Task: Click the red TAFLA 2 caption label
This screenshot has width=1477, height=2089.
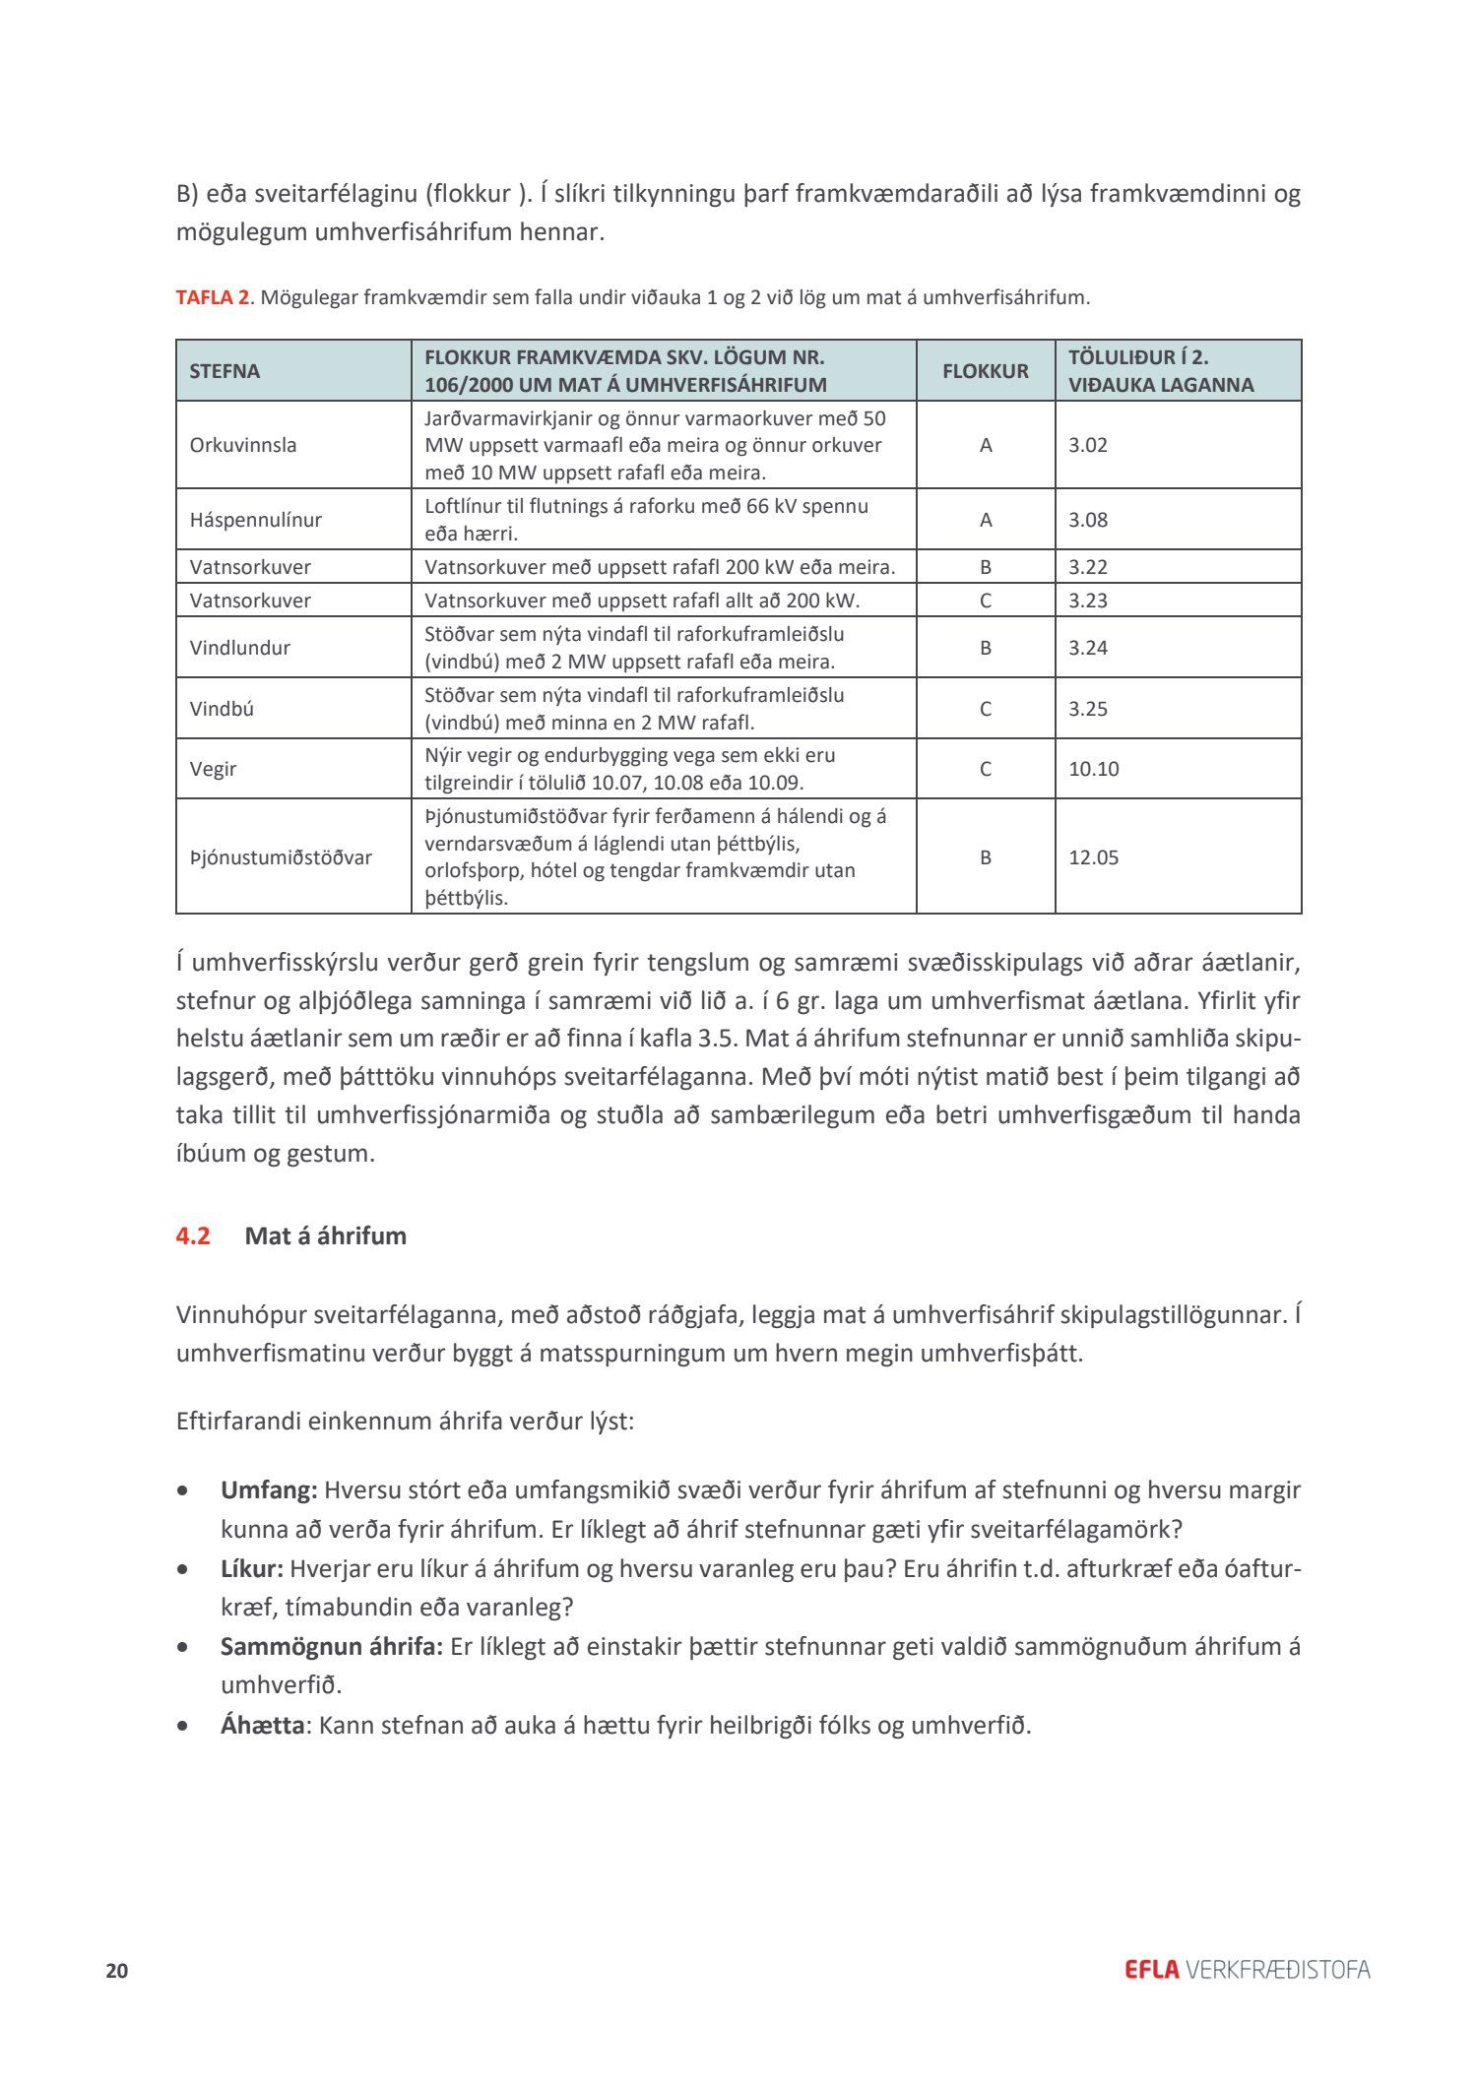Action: [x=212, y=297]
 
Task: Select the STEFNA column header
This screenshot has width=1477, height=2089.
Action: [x=225, y=371]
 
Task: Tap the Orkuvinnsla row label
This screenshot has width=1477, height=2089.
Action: [x=242, y=445]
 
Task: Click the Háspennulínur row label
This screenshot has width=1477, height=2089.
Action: [x=255, y=520]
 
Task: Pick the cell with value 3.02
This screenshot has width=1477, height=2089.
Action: [x=1088, y=445]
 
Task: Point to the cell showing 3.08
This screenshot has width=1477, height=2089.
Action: [x=1088, y=520]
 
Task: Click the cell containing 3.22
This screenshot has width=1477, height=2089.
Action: [x=1088, y=567]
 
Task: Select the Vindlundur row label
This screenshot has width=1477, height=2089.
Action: [x=239, y=648]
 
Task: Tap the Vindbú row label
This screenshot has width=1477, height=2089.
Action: [x=222, y=709]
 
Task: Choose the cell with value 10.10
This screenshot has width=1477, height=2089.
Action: [x=1094, y=769]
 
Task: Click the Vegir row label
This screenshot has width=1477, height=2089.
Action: [x=213, y=769]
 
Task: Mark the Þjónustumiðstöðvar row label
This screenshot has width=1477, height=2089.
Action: [x=281, y=857]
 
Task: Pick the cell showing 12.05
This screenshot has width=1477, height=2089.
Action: [x=1094, y=857]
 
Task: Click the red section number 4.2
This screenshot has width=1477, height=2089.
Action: [x=193, y=1235]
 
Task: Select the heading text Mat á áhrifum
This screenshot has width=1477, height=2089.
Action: [x=325, y=1235]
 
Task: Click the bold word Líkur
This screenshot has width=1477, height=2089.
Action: [x=252, y=1568]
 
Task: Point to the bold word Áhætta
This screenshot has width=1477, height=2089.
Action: [x=262, y=1725]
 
